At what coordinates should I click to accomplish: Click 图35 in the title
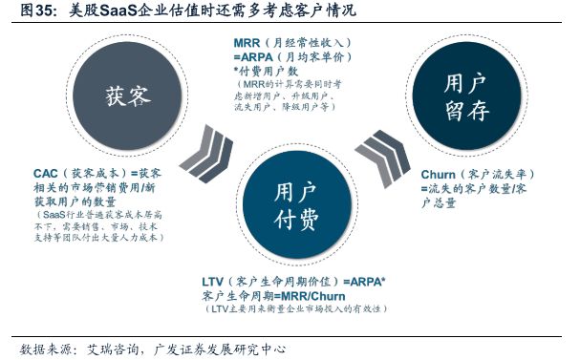(21, 11)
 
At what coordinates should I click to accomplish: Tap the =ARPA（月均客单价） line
(291, 57)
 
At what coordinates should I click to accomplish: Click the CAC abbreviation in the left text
(45, 173)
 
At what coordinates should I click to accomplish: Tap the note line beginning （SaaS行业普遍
(99, 216)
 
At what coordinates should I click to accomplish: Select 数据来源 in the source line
(43, 348)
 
